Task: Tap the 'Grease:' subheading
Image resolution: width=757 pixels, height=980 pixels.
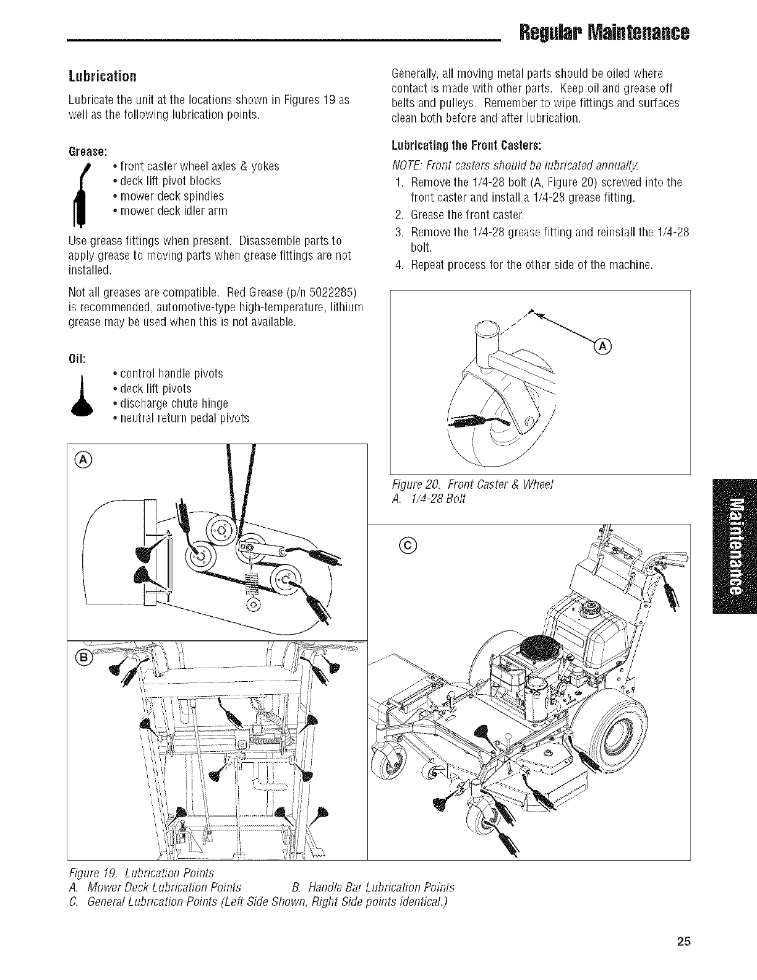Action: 88,151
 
